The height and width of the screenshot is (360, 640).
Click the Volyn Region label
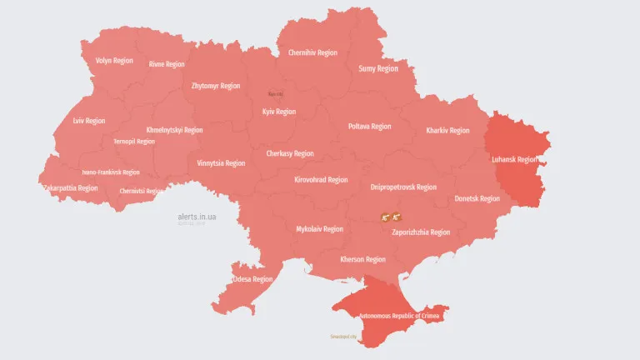click(114, 61)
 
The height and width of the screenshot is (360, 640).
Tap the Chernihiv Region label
click(312, 52)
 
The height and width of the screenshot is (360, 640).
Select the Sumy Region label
click(378, 69)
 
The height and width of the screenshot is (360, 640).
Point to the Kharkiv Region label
click(447, 131)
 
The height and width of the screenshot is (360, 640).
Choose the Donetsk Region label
click(477, 199)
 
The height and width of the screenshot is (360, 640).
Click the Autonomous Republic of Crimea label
click(400, 317)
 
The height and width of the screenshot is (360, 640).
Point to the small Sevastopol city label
click(342, 337)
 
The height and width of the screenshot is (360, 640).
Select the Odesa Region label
click(252, 279)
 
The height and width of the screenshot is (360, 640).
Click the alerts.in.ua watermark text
click(197, 217)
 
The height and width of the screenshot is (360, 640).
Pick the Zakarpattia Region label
click(70, 188)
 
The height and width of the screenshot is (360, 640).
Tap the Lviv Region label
click(89, 121)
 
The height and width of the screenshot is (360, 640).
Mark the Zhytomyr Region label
click(215, 86)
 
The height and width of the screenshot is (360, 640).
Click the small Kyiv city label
click(275, 94)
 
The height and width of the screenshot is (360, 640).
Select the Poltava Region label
click(369, 127)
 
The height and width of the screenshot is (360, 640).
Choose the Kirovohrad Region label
click(321, 180)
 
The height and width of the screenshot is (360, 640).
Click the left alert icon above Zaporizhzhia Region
click(385, 217)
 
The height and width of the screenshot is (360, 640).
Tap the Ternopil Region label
click(134, 142)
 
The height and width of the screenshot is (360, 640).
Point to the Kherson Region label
click(362, 259)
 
